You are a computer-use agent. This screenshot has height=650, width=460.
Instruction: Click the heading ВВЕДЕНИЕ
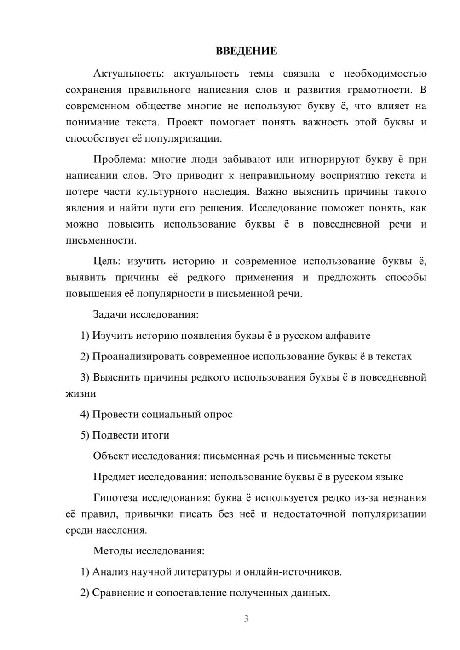246,51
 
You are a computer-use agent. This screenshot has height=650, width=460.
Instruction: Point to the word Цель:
107,262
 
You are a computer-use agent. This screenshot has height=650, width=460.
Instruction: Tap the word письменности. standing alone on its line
101,240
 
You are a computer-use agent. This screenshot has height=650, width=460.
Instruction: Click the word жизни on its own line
81,393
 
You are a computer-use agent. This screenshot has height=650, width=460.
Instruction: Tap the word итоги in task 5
155,435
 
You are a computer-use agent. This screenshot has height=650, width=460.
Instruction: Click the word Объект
111,456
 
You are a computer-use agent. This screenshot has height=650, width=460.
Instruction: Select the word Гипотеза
115,498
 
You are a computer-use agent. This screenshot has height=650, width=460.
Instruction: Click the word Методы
110,551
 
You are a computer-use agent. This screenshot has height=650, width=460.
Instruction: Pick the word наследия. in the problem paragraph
224,192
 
